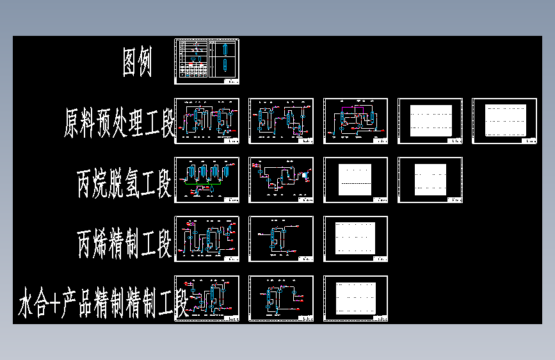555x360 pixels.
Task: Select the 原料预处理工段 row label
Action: [x=120, y=122]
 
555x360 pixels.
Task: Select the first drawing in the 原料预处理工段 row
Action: [x=207, y=120]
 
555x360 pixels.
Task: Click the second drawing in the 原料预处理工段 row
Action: [x=281, y=120]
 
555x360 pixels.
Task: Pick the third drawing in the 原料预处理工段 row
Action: [x=355, y=120]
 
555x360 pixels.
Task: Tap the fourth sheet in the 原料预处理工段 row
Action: [x=430, y=120]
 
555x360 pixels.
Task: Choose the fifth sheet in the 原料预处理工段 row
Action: [x=504, y=120]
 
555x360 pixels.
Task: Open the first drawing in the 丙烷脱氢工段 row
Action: [x=207, y=180]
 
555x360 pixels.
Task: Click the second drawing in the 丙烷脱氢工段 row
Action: [x=281, y=180]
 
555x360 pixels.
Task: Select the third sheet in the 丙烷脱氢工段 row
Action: [x=355, y=180]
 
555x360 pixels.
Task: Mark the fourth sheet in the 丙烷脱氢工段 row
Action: [x=430, y=180]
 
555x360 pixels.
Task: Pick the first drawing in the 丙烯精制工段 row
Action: [x=207, y=239]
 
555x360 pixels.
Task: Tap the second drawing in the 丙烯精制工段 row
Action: [x=281, y=239]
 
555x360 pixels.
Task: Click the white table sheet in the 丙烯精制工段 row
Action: [x=355, y=239]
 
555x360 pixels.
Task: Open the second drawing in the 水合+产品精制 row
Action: [x=281, y=299]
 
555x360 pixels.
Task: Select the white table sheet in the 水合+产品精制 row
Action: [x=355, y=299]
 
